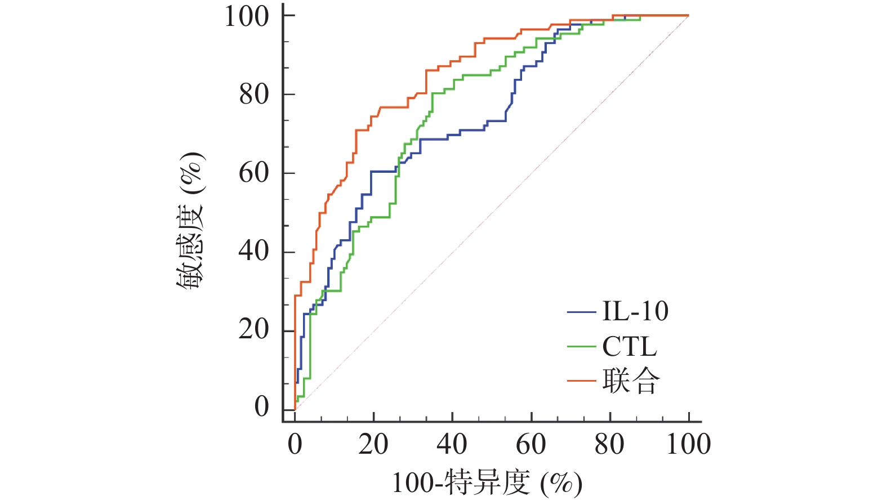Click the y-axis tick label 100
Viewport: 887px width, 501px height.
pyautogui.click(x=247, y=16)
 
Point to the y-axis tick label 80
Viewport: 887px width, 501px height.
pyautogui.click(x=254, y=95)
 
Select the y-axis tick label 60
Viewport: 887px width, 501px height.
pyautogui.click(x=254, y=173)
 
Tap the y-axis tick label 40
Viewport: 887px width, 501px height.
pyautogui.click(x=254, y=251)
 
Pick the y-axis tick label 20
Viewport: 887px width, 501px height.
pyautogui.click(x=254, y=329)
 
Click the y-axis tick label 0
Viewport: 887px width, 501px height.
pyautogui.click(x=261, y=407)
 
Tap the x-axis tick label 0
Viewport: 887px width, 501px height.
pyautogui.click(x=295, y=444)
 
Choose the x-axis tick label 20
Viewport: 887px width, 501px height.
pyautogui.click(x=373, y=444)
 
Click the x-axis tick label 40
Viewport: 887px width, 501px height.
pyautogui.click(x=452, y=444)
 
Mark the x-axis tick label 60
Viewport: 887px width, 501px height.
pyautogui.click(x=531, y=444)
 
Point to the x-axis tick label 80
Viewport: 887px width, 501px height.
pyautogui.click(x=610, y=444)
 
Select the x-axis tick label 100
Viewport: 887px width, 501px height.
pyautogui.click(x=688, y=444)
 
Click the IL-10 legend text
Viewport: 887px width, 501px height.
pyautogui.click(x=635, y=311)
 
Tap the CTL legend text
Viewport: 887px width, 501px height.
pyautogui.click(x=630, y=346)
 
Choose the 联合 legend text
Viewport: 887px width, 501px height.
pyautogui.click(x=631, y=381)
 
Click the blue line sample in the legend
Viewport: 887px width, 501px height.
pyautogui.click(x=581, y=312)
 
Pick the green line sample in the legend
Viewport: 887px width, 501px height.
pyautogui.click(x=581, y=347)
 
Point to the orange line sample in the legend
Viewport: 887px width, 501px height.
pyautogui.click(x=581, y=381)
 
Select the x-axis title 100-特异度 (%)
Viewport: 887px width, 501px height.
pyautogui.click(x=487, y=483)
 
